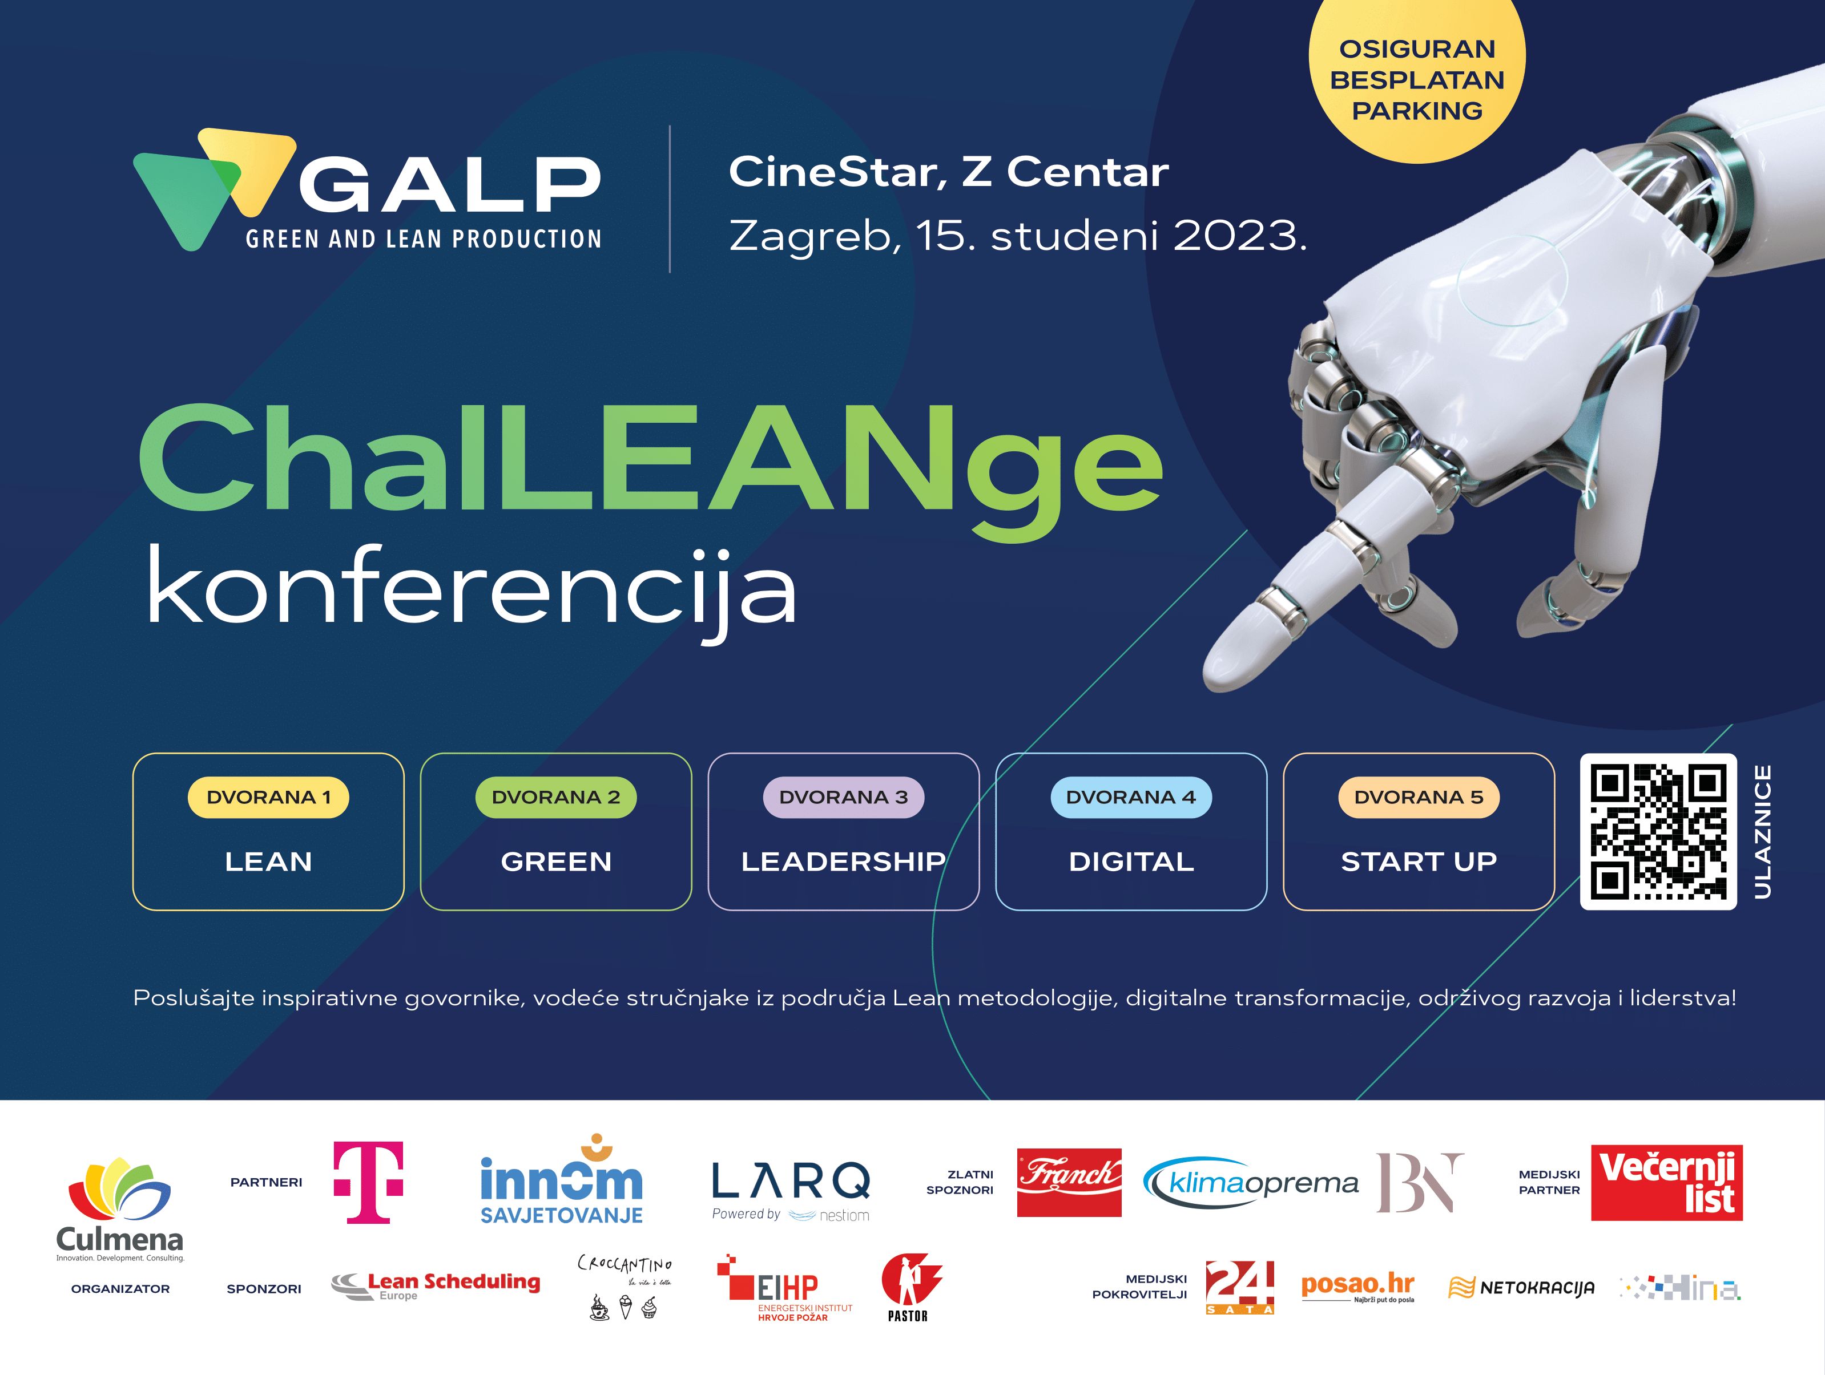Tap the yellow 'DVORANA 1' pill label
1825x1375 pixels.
coord(268,798)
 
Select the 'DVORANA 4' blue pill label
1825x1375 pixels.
coord(1130,798)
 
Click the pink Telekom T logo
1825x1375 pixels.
coord(368,1181)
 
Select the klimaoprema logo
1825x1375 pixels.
coord(1250,1183)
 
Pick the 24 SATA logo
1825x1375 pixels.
coord(1239,1287)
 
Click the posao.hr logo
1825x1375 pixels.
coord(1357,1287)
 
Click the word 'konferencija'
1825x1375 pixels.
coord(471,588)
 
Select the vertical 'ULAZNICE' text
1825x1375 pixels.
coord(1762,831)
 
